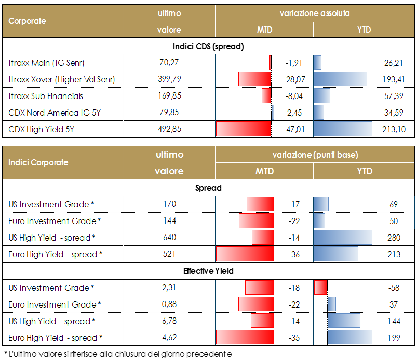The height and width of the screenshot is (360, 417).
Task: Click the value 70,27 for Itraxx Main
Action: pyautogui.click(x=169, y=63)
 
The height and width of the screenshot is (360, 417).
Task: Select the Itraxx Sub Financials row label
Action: pyautogui.click(x=46, y=96)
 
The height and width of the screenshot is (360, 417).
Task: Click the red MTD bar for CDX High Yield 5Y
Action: pyautogui.click(x=243, y=129)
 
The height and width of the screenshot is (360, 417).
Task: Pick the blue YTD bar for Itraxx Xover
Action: pyautogui.click(x=340, y=79)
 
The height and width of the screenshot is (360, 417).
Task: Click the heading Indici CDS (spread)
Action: pyautogui.click(x=208, y=46)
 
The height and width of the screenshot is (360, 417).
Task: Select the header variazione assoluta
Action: pyautogui.click(x=315, y=13)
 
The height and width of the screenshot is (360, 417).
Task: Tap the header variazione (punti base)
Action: pyautogui.click(x=315, y=155)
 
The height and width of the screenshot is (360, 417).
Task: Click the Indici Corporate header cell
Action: pyautogui.click(x=38, y=162)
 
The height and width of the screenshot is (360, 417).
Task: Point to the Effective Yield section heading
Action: pyautogui.click(x=208, y=271)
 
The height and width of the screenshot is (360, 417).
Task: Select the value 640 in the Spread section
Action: pyautogui.click(x=169, y=238)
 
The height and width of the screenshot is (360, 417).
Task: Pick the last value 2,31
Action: pyautogui.click(x=169, y=288)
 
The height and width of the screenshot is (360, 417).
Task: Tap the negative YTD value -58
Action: pyautogui.click(x=394, y=288)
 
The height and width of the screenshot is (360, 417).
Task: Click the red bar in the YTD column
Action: pyautogui.click(x=321, y=288)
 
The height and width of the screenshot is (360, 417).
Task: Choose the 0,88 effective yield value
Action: pyautogui.click(x=169, y=304)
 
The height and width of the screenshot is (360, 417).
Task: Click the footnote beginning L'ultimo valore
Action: pyautogui.click(x=117, y=354)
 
